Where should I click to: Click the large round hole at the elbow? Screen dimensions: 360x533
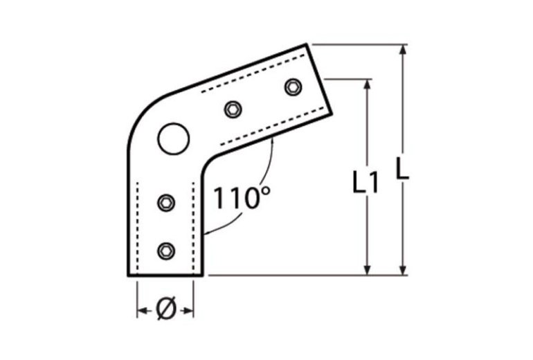tap(173, 140)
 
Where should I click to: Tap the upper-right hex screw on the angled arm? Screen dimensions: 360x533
tap(293, 87)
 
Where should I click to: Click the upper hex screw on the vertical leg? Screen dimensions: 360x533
tap(166, 202)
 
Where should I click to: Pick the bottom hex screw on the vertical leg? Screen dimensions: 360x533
tap(166, 250)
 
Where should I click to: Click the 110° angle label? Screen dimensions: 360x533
tap(240, 199)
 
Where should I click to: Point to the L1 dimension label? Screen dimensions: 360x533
tap(365, 183)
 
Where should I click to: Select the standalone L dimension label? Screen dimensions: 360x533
tap(402, 169)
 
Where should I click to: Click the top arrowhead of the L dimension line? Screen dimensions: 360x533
tap(402, 50)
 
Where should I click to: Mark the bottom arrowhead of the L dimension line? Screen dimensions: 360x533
tap(402, 269)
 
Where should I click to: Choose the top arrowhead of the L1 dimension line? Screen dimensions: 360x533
tap(368, 84)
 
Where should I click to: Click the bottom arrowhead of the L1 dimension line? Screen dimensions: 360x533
tap(368, 269)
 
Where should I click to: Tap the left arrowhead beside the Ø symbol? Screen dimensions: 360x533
tap(141, 311)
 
